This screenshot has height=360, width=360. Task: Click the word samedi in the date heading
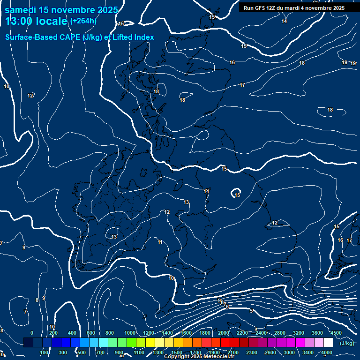22,10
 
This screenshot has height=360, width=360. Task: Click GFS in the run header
260,8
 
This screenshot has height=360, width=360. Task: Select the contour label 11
160,242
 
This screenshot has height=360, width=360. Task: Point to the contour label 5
251,311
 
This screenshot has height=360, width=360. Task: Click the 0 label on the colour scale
32,333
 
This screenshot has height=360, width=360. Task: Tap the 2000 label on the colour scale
224,333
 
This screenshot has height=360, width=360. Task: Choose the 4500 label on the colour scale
336,333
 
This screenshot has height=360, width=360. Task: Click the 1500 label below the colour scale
177,352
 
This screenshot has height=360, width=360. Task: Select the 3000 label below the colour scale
289,352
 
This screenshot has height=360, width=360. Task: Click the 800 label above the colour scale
110,333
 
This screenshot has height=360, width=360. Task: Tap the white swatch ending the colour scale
328,343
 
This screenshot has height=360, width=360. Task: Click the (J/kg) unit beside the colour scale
347,343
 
